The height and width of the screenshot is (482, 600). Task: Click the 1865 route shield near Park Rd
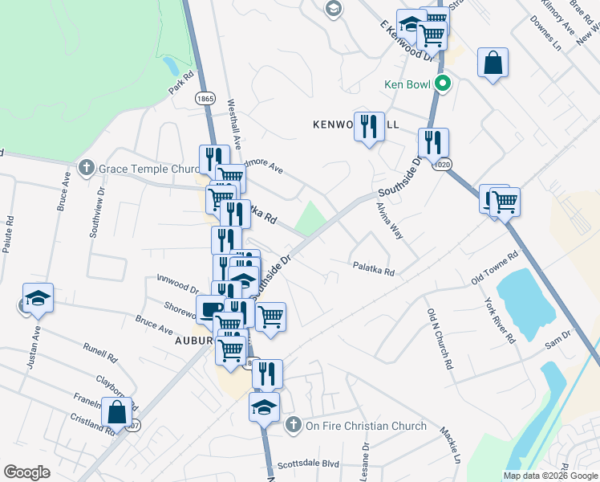click(205, 98)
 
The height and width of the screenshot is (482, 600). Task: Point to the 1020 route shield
click(444, 165)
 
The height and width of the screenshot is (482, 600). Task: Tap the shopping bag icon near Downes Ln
click(493, 63)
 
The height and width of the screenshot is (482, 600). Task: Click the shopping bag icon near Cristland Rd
click(117, 412)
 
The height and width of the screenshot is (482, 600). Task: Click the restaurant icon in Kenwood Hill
click(368, 127)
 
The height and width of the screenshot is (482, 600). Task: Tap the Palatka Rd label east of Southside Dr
click(373, 270)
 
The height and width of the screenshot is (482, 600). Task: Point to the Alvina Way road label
click(391, 220)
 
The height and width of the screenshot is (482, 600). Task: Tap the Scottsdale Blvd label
click(308, 464)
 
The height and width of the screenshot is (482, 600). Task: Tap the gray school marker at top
click(333, 9)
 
